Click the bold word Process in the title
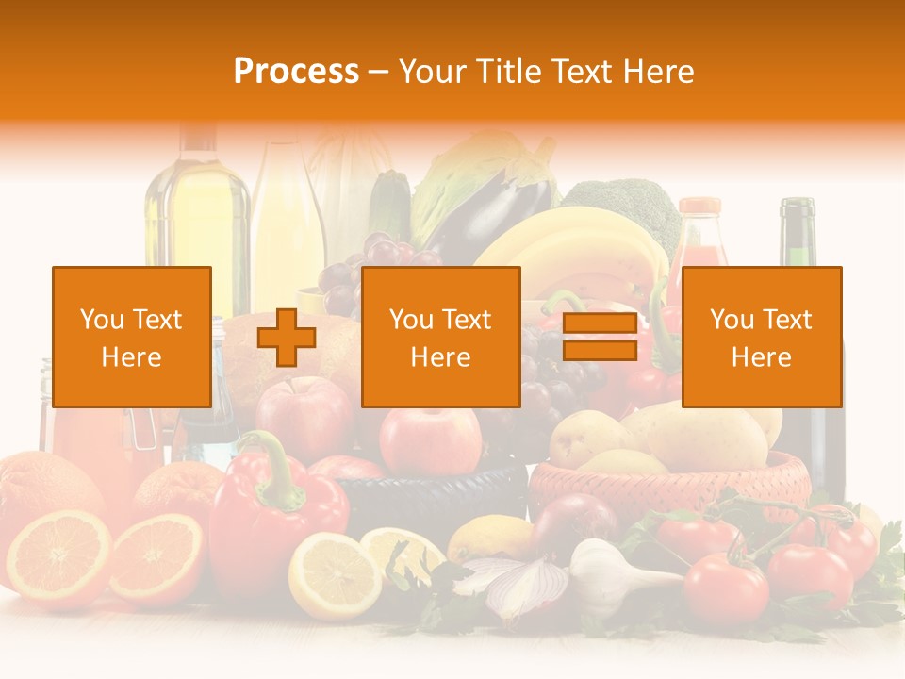[x=296, y=72]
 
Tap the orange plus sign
[x=287, y=338]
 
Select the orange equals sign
[x=600, y=338]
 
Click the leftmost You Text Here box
[x=132, y=338]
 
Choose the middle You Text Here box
[x=440, y=338]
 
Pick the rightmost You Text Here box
[x=761, y=338]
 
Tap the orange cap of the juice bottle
[x=699, y=206]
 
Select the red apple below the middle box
[x=430, y=439]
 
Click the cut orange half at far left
[x=57, y=556]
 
